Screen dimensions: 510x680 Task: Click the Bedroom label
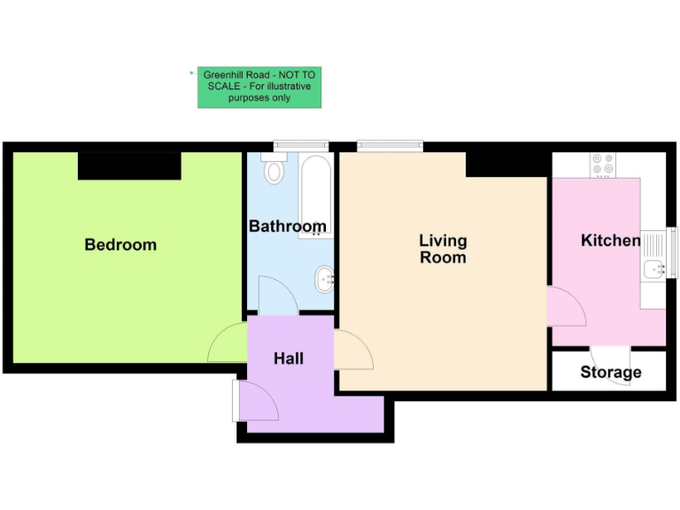[120, 244]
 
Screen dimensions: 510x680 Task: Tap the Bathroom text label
[287, 227]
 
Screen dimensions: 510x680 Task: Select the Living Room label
[443, 249]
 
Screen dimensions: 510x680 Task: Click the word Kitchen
[610, 240]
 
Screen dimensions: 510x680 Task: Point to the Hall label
[289, 358]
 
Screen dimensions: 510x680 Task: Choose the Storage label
[611, 372]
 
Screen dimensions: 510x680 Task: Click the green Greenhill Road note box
[259, 88]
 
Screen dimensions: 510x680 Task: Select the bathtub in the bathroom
[314, 195]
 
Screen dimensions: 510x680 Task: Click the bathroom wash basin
[325, 280]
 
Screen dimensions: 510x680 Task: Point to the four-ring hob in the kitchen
[603, 165]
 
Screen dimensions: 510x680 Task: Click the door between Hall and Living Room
[352, 351]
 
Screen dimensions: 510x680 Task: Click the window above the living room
[390, 146]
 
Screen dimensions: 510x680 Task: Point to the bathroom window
[301, 146]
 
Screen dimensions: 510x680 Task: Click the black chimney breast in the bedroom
[129, 166]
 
